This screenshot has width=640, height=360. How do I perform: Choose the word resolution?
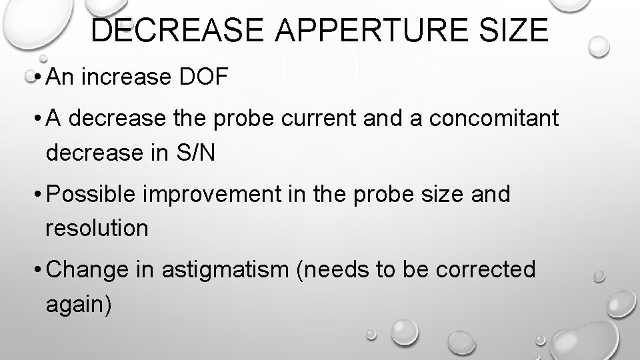pos(97,229)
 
